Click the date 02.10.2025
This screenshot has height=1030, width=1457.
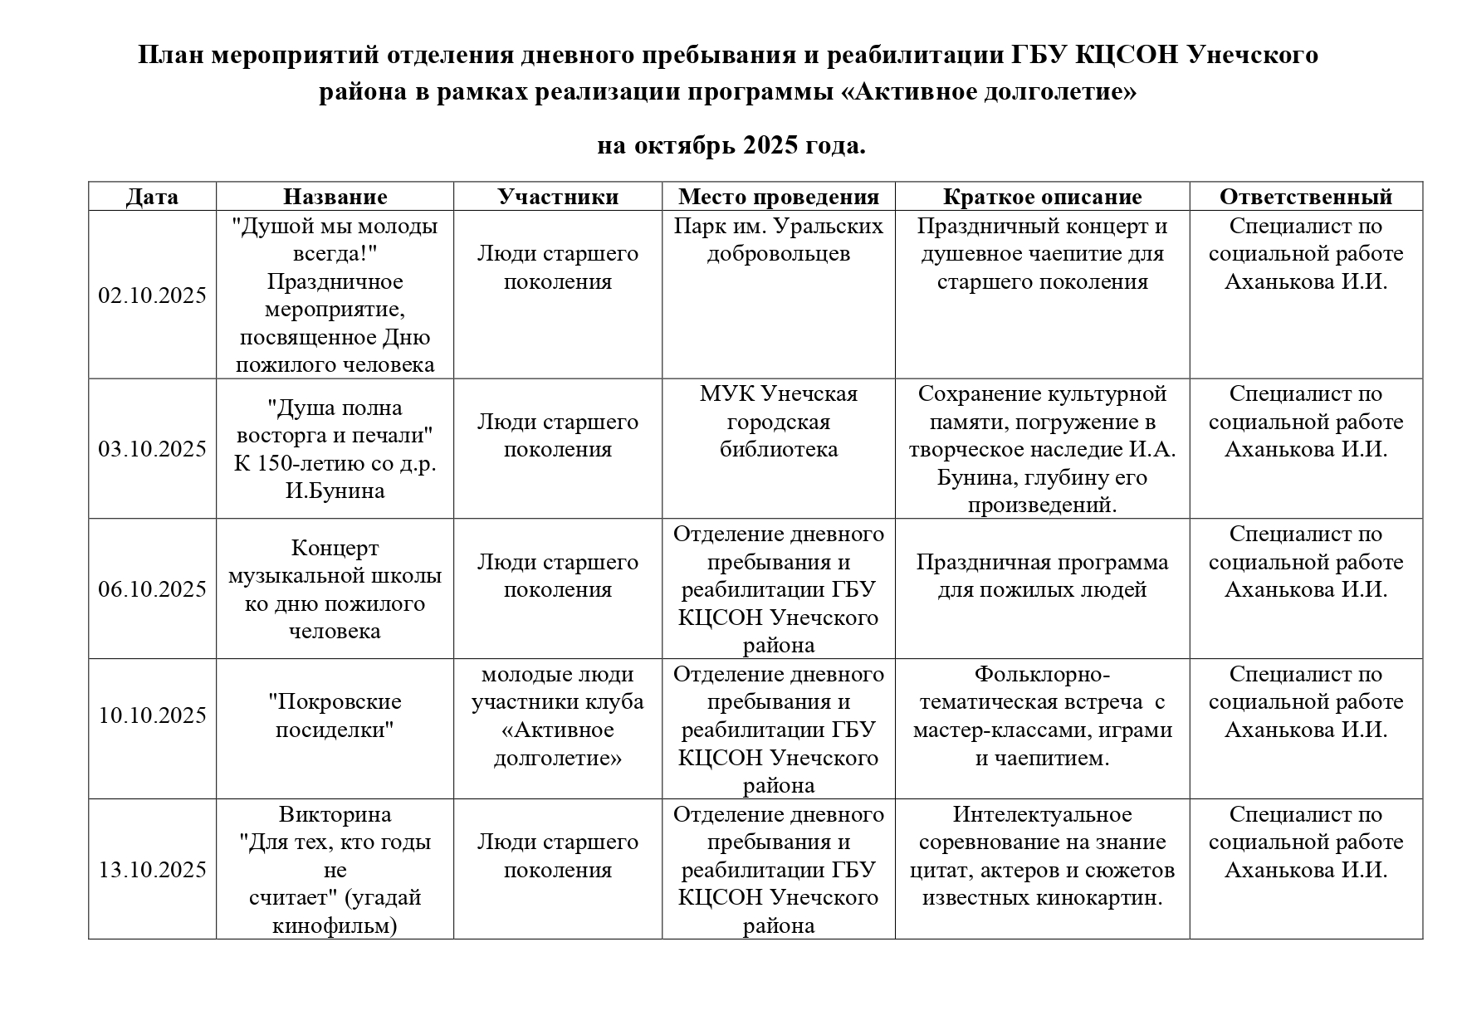tap(152, 296)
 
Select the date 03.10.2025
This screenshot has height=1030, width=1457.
tap(152, 449)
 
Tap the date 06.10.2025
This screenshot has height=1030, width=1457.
tap(152, 589)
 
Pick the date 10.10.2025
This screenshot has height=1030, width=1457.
tap(152, 715)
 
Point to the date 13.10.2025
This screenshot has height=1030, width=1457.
tap(152, 870)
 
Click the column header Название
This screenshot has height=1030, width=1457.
tap(335, 197)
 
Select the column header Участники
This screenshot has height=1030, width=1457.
tap(558, 197)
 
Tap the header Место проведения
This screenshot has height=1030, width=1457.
tap(778, 197)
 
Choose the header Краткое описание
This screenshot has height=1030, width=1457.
tap(1042, 197)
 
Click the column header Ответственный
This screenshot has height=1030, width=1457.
tap(1305, 197)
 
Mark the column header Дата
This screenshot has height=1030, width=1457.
tap(152, 197)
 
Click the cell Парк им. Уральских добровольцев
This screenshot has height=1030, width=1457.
tap(778, 240)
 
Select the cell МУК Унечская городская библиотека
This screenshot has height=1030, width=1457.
tap(778, 422)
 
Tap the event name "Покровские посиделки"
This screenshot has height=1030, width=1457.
tap(335, 715)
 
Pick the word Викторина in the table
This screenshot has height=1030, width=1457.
tap(335, 814)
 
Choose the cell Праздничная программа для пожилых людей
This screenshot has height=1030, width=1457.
tap(1042, 576)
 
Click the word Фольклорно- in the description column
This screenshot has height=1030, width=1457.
tap(1042, 674)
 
